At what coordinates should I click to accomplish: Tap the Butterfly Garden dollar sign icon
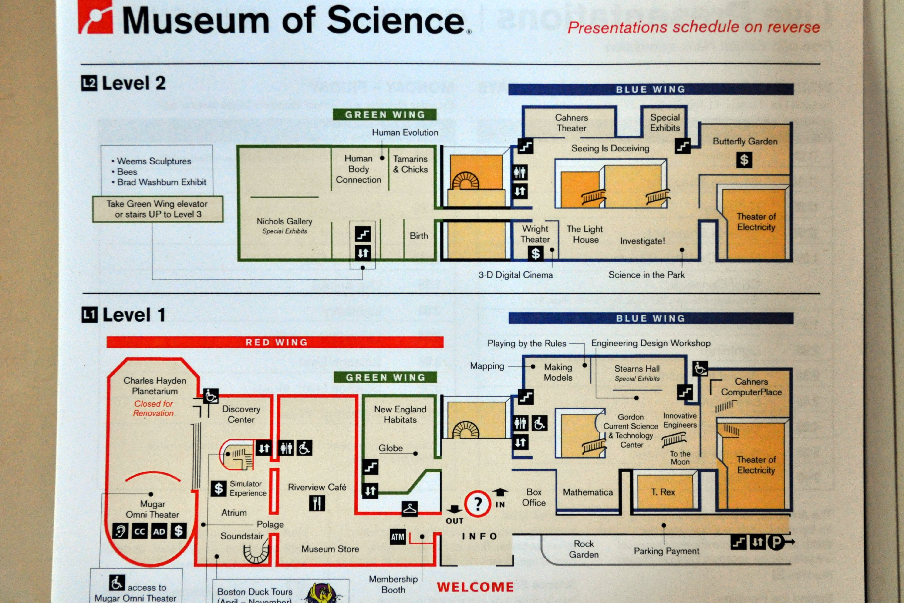[x=744, y=160]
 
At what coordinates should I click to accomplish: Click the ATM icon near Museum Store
[x=398, y=537]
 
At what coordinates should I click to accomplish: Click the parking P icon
[x=776, y=542]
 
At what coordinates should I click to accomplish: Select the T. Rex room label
[x=663, y=492]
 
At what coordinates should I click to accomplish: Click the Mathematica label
[x=588, y=492]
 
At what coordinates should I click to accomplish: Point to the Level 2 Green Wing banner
[x=385, y=115]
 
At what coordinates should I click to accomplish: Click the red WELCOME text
[x=475, y=587]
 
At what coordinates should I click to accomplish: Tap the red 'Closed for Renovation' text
[x=153, y=409]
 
